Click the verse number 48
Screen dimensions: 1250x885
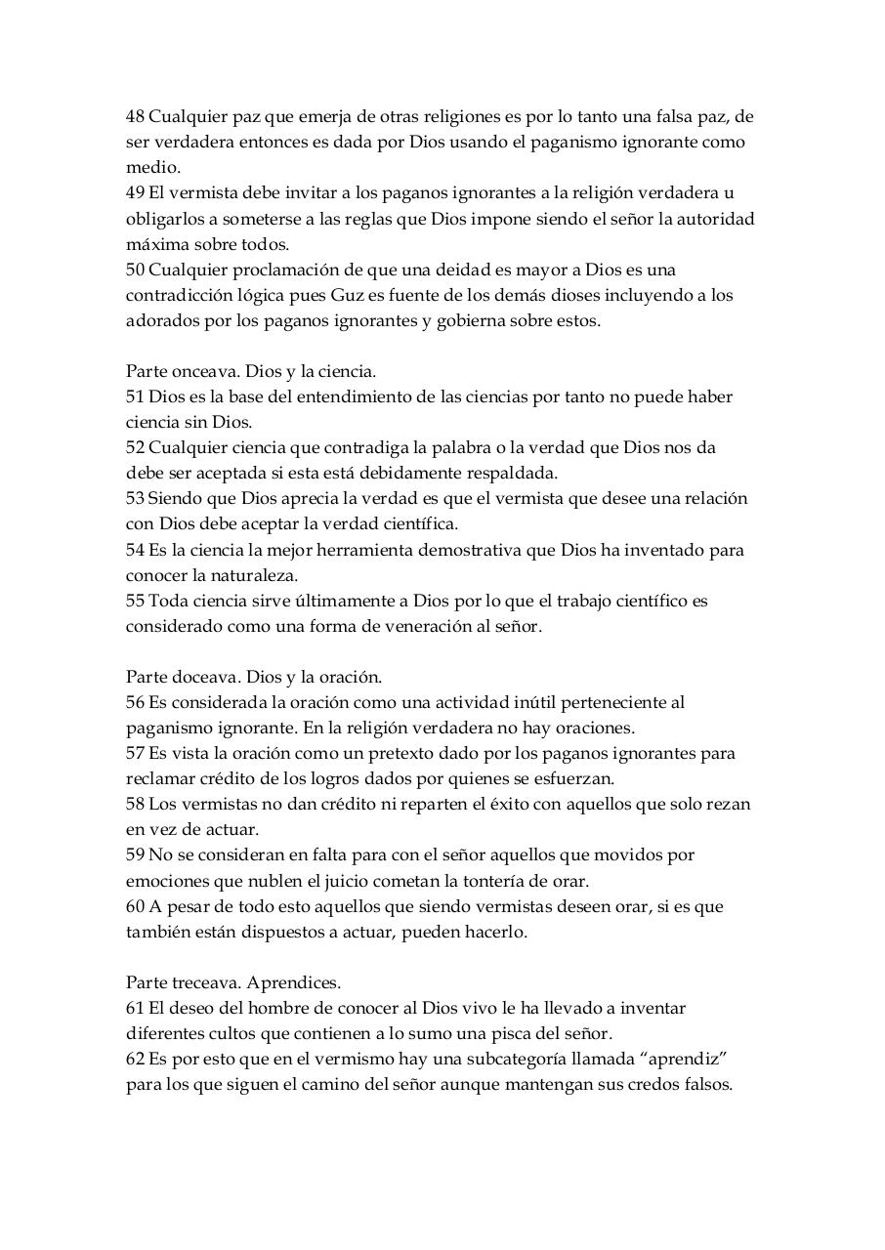pos(135,117)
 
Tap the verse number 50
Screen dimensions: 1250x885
pos(135,270)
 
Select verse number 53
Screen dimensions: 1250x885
pos(135,499)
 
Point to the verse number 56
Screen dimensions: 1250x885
pos(135,702)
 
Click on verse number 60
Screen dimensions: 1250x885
pos(135,906)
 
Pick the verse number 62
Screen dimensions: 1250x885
pos(135,1059)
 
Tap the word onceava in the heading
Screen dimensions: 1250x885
pos(207,372)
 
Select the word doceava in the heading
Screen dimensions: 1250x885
pos(206,677)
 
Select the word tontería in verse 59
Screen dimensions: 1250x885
pos(527,881)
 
